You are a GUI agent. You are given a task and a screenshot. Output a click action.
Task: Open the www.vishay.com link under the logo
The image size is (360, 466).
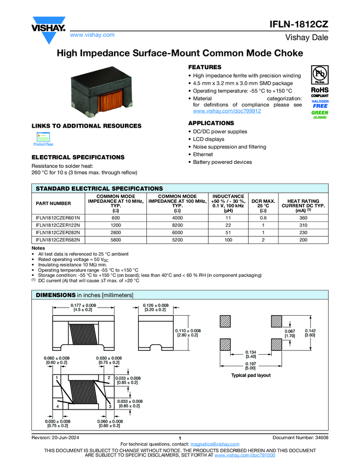click(x=92, y=35)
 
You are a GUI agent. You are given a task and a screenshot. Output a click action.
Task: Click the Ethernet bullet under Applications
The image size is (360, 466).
click(x=204, y=155)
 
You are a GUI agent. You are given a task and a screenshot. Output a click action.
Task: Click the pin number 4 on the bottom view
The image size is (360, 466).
click(x=58, y=406)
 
